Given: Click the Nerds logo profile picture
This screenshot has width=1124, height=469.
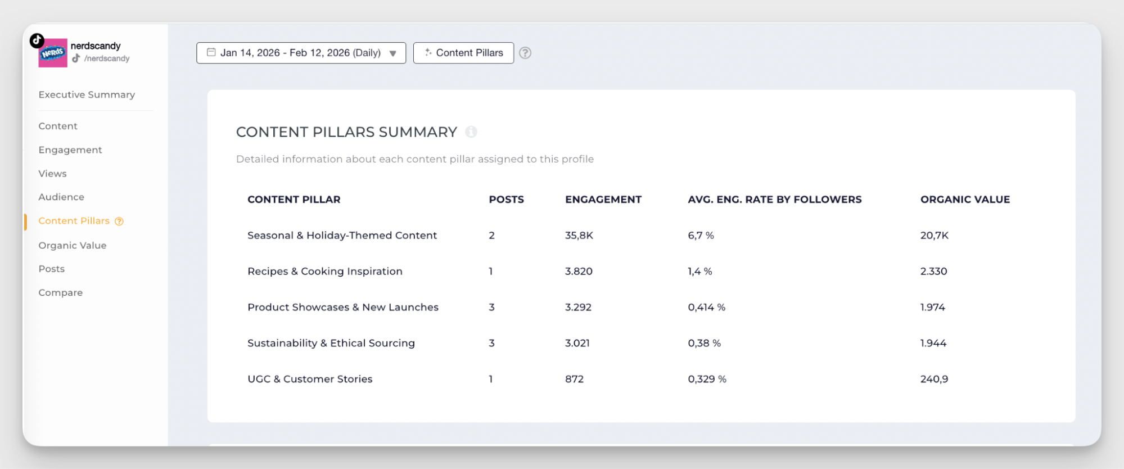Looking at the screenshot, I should [53, 53].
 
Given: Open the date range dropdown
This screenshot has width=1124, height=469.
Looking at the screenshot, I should [301, 53].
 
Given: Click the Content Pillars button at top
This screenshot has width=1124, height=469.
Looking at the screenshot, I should [463, 53].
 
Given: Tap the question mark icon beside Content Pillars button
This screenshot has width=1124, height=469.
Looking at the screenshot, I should [525, 53].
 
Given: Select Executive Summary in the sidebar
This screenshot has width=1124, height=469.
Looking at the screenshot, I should [87, 94].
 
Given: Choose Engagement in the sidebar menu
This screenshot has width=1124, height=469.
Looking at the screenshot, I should [70, 150].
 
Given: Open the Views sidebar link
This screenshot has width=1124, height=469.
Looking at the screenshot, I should [52, 174].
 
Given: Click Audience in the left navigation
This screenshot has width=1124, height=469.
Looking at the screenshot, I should [61, 197].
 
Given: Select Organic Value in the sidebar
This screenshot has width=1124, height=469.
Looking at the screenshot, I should [72, 245].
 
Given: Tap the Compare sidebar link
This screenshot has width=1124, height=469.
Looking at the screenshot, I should [60, 292].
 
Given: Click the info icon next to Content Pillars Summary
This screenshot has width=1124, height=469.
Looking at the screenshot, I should [471, 132].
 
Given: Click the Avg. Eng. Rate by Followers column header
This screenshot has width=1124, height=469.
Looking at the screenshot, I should [774, 199].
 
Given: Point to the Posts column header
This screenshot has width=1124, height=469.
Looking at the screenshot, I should [506, 199].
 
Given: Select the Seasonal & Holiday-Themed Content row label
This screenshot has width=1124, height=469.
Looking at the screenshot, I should [342, 235].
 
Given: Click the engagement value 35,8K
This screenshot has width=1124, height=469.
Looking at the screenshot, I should [579, 235].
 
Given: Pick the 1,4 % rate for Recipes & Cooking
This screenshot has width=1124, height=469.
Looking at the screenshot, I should [699, 271].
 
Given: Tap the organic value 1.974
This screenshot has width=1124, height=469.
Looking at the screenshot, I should [932, 307].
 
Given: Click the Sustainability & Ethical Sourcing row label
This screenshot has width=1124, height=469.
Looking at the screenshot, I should [331, 343].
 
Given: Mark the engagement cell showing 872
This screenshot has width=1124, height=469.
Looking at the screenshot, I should [574, 379].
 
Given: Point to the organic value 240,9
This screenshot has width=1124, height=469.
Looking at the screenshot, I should [934, 379].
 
